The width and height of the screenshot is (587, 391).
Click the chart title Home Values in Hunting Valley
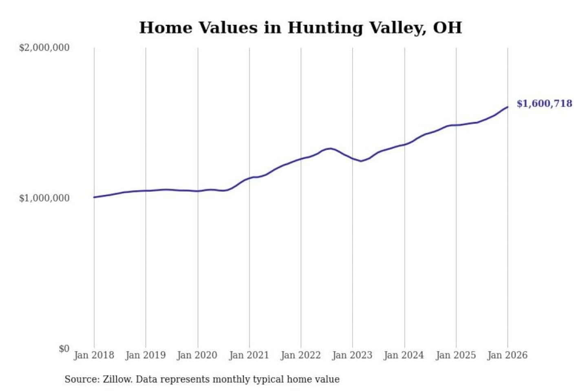(x=300, y=28)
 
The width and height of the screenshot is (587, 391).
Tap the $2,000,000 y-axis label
(x=44, y=48)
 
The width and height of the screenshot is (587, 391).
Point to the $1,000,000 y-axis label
(x=44, y=198)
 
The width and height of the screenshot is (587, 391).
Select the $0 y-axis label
(x=64, y=349)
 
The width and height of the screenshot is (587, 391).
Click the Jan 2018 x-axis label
(x=94, y=355)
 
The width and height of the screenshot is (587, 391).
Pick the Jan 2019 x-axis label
(x=146, y=355)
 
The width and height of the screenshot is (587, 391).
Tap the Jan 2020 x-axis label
(x=197, y=355)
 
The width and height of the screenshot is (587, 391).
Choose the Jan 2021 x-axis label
(x=249, y=355)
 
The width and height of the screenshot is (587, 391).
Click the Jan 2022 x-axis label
(x=301, y=355)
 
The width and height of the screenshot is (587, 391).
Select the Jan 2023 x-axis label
(x=353, y=355)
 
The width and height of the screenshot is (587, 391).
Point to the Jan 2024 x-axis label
(x=404, y=355)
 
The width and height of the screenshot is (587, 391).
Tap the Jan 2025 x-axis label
(x=456, y=355)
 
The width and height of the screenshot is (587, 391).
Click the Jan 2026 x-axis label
(x=508, y=355)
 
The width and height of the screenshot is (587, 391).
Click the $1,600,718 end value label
(x=544, y=103)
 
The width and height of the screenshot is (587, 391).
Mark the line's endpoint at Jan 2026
(x=508, y=107)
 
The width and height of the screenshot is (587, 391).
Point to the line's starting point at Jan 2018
(x=94, y=197)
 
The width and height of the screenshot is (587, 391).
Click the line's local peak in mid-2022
(x=330, y=148)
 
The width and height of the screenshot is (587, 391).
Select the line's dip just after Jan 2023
(x=361, y=161)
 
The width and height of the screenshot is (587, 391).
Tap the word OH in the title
(x=448, y=28)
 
